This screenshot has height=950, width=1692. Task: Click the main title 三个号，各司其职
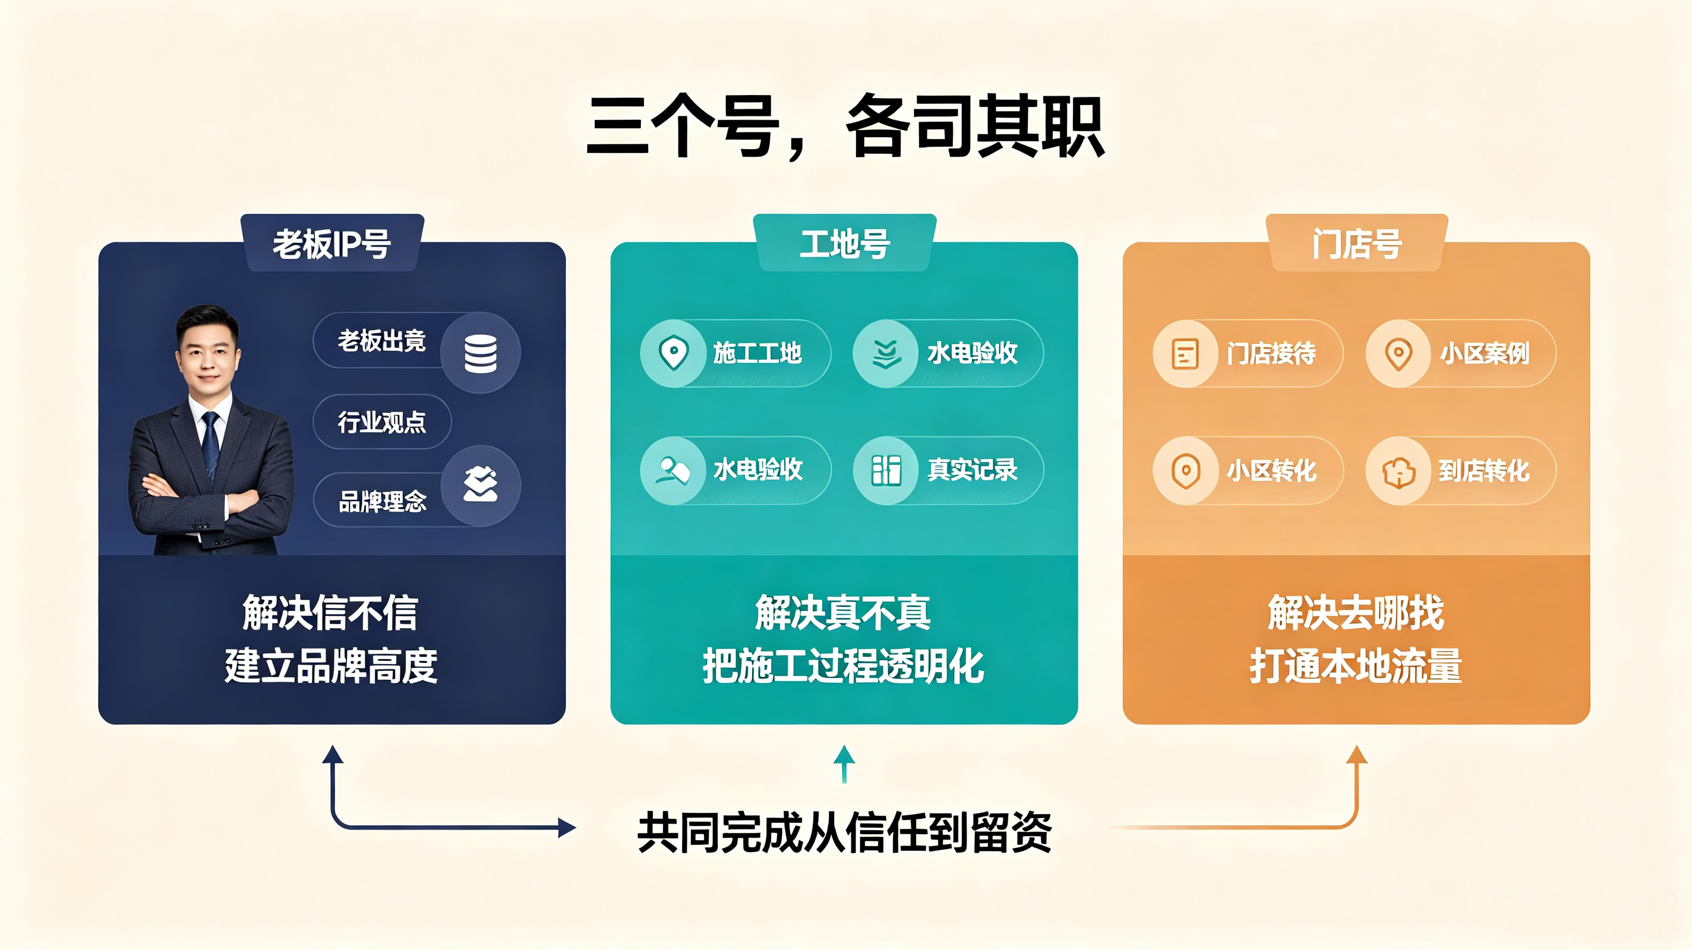click(845, 126)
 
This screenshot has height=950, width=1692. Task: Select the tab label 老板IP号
click(332, 244)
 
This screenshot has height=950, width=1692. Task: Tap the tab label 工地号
click(845, 244)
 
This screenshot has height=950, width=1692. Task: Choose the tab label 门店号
click(1357, 244)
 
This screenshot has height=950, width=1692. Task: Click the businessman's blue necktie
click(210, 446)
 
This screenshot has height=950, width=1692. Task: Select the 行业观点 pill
click(382, 422)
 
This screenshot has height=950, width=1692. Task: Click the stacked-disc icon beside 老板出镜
click(480, 354)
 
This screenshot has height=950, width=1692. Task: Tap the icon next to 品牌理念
click(480, 484)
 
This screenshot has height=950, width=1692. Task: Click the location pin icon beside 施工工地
click(673, 353)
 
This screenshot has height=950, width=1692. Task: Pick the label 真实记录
click(972, 470)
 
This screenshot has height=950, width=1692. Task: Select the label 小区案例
click(1485, 354)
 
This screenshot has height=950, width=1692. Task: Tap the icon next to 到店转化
click(1399, 471)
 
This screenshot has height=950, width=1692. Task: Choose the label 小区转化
click(1271, 471)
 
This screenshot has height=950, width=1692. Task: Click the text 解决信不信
click(330, 613)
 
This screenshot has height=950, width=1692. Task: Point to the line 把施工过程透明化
click(844, 666)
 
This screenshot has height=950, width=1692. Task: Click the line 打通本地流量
click(1356, 666)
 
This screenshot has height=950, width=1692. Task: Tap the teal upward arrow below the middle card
click(844, 764)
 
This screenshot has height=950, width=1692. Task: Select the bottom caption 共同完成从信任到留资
click(845, 832)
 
